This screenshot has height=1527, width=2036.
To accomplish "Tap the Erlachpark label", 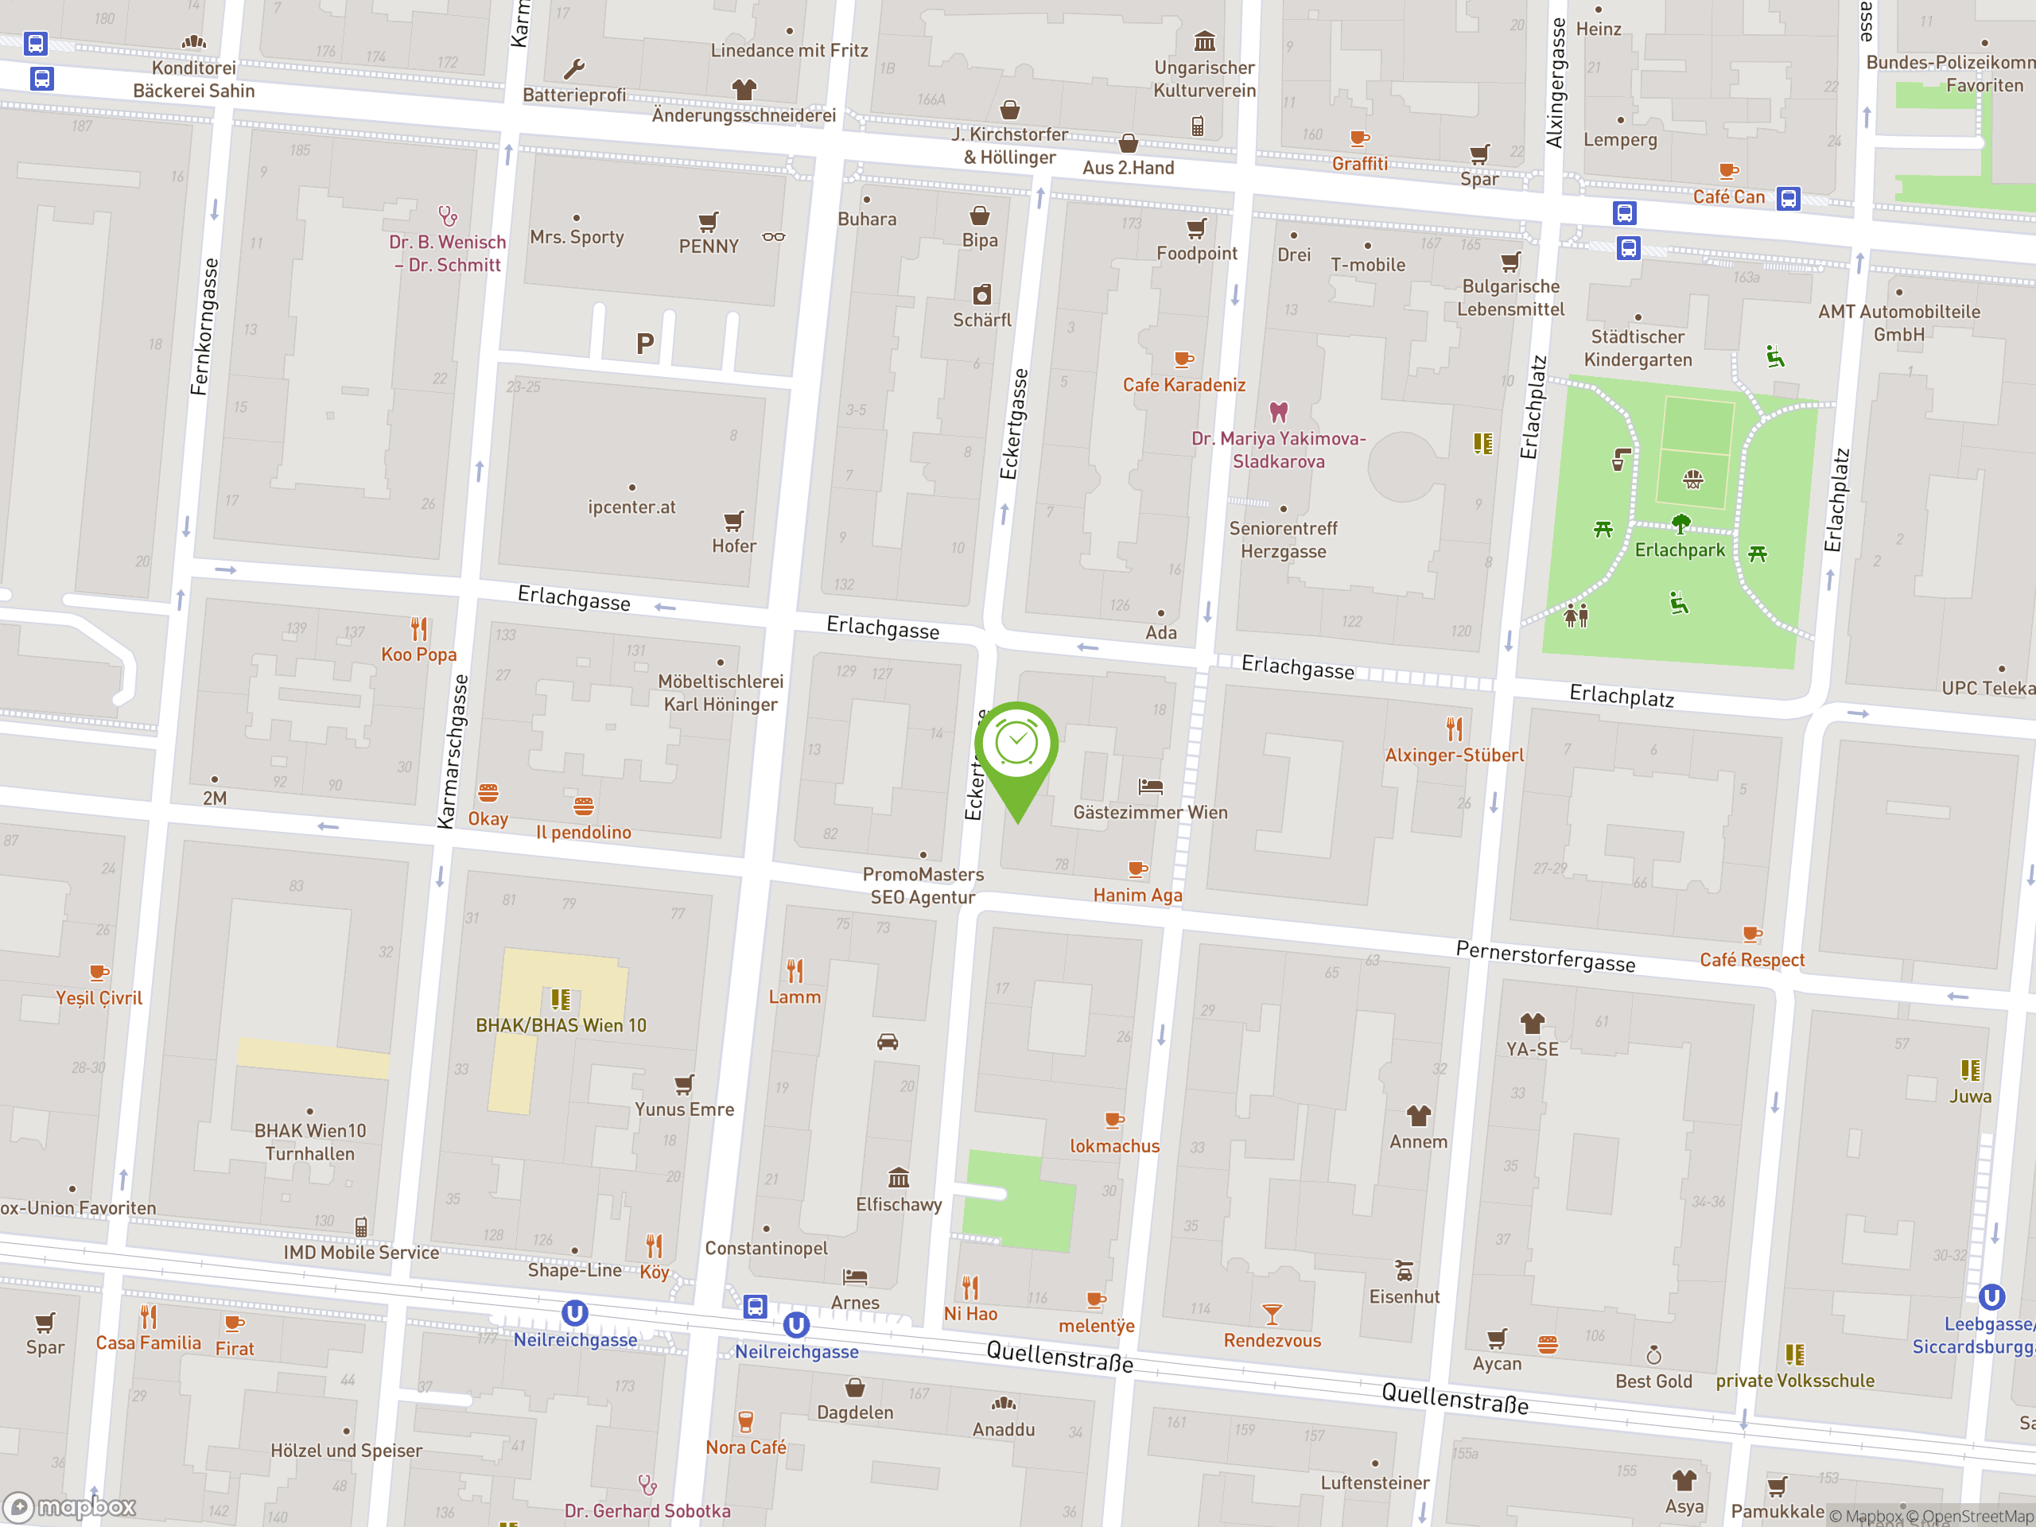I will tap(1679, 550).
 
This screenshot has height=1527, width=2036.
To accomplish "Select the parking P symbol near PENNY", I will tap(644, 344).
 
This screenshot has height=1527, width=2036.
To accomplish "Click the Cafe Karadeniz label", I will tap(1183, 385).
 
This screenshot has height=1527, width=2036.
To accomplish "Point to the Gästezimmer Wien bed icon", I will tap(1151, 786).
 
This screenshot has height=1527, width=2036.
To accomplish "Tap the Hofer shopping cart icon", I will tap(733, 521).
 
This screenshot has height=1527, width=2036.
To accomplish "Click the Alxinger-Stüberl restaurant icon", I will tap(1455, 729).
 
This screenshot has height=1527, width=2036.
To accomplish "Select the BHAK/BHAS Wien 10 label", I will tap(561, 1024).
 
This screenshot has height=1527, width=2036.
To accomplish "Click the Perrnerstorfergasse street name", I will tap(1545, 956).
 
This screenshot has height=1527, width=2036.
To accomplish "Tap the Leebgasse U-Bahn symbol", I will tap(1991, 1297).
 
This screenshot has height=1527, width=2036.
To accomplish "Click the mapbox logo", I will tap(71, 1507).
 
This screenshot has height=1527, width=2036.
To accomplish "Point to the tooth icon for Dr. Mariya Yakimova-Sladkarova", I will tap(1279, 411).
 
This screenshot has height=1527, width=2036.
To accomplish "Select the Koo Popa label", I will tap(419, 655).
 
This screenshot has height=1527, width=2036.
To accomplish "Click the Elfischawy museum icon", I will tap(899, 1177).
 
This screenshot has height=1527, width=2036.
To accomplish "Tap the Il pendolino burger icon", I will tap(584, 806).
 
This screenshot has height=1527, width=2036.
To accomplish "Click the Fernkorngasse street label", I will tap(204, 327).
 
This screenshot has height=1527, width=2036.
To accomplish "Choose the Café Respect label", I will tap(1751, 959).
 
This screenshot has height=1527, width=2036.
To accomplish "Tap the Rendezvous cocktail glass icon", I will tap(1272, 1314).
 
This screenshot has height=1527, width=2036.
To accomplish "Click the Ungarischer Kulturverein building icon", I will tap(1204, 41).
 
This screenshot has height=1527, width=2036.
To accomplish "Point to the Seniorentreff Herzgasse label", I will tap(1283, 539).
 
